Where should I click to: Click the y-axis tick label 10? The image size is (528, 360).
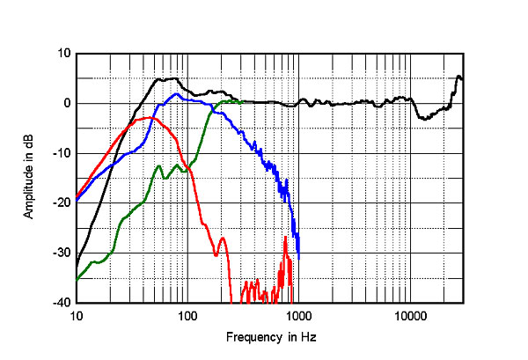coord(64,54)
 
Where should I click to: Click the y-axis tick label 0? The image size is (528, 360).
coord(67,103)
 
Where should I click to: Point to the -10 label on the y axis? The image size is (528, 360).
coord(62,153)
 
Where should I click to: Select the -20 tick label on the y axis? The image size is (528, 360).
coord(62,203)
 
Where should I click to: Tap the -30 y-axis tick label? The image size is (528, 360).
coord(62,253)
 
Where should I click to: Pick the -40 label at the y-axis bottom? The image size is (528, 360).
coord(62,303)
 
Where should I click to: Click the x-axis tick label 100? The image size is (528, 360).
coord(187,315)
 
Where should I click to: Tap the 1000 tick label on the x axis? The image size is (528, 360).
coord(297,315)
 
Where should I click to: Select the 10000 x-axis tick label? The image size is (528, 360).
coord(408,315)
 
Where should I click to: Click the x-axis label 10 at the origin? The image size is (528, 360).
coord(77,315)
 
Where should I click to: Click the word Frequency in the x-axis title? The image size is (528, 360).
coord(251,337)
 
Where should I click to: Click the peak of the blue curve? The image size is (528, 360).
coord(177,93)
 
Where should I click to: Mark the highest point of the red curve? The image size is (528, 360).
coord(151,117)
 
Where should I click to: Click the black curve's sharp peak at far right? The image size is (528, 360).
coord(459,77)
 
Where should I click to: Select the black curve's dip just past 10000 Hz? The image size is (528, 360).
coord(426,118)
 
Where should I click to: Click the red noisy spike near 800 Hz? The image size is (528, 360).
coord(286,239)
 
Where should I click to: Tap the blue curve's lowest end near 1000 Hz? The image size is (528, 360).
coord(299,258)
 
